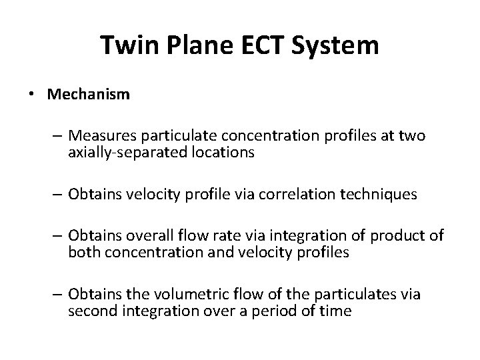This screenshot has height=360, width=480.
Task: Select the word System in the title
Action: (x=340, y=46)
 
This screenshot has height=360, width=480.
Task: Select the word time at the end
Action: (x=335, y=311)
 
